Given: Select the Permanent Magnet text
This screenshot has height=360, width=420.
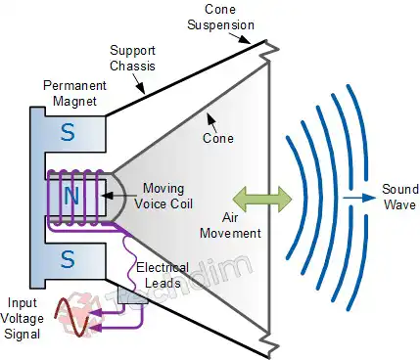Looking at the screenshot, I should (x=67, y=94).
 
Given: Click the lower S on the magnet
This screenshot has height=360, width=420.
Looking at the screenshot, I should (x=67, y=259).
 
